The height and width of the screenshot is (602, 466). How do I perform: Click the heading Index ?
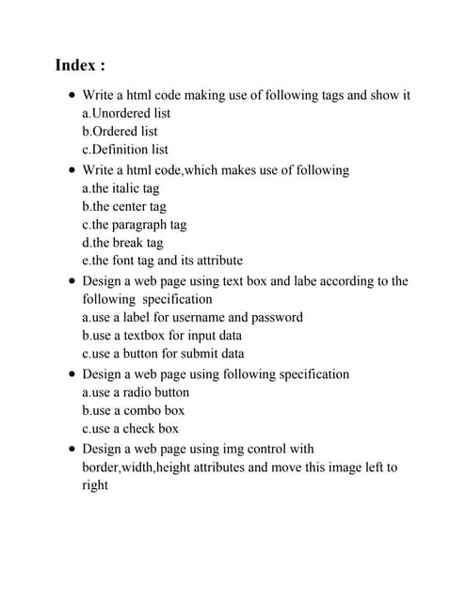tap(80, 65)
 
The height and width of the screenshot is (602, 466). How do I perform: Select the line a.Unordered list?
tap(126, 113)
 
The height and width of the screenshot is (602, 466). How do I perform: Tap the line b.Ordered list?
tap(120, 131)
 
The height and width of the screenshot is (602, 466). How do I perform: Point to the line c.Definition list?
tap(125, 149)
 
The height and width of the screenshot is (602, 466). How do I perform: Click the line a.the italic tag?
tap(121, 188)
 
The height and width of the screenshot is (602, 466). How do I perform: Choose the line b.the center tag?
tap(124, 206)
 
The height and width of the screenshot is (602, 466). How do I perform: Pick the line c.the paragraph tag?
tap(135, 224)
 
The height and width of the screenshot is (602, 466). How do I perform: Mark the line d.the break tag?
tap(122, 242)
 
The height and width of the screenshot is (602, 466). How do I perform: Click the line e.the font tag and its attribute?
tap(162, 260)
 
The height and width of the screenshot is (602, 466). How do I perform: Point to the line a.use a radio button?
tap(136, 392)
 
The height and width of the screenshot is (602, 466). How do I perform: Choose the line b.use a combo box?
tap(134, 410)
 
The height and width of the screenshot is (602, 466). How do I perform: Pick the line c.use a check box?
tap(130, 428)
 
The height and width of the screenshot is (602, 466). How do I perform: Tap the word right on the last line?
tap(95, 484)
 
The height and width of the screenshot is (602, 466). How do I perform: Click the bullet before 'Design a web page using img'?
tap(72, 450)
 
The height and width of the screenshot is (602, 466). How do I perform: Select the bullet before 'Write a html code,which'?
tap(72, 171)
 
